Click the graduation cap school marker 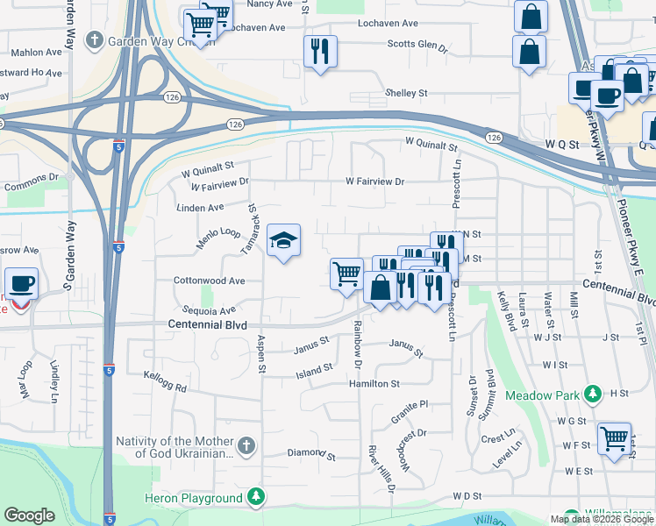click(x=284, y=241)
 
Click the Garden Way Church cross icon click(x=95, y=39)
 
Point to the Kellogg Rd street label click(x=166, y=380)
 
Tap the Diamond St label click(x=312, y=455)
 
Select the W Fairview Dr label click(x=374, y=181)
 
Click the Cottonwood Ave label click(x=209, y=281)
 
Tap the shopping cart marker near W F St click(x=614, y=437)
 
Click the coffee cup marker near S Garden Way click(x=21, y=284)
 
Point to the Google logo click(x=29, y=515)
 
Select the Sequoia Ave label click(x=210, y=310)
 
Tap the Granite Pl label click(x=409, y=405)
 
